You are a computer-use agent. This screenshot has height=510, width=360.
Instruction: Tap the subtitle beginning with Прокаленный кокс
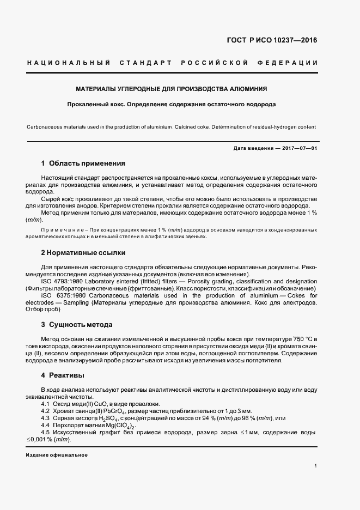tap(171, 104)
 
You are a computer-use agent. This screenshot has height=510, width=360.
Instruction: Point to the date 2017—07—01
tap(298, 148)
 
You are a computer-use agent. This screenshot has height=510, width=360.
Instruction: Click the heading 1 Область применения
tap(83, 163)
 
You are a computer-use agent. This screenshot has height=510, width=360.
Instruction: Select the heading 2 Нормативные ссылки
tap(83, 253)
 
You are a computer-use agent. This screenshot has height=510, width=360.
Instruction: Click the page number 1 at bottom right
tap(316, 466)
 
